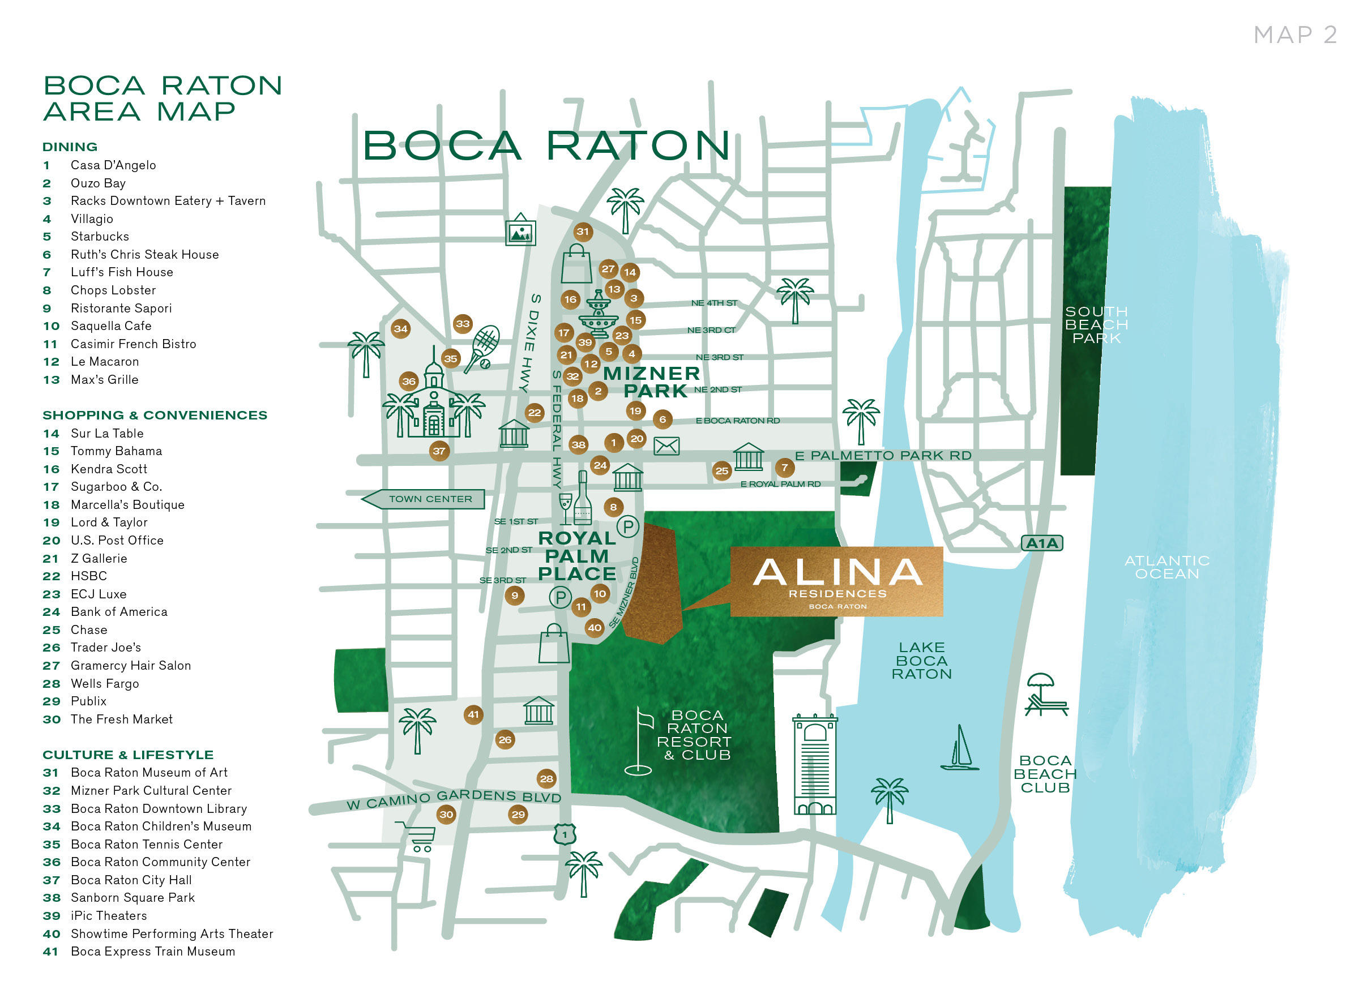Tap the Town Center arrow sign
pyautogui.click(x=425, y=499)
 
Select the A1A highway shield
pyautogui.click(x=1041, y=543)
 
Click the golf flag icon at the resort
pyautogui.click(x=640, y=742)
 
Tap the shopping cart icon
pyautogui.click(x=417, y=836)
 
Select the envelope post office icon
pyautogui.click(x=666, y=447)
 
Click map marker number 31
pyautogui.click(x=583, y=232)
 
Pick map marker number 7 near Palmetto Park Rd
pyautogui.click(x=784, y=468)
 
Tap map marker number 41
pyautogui.click(x=473, y=714)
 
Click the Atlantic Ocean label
pyautogui.click(x=1166, y=567)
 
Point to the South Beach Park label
pyautogui.click(x=1096, y=324)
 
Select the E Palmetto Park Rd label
pyautogui.click(x=883, y=456)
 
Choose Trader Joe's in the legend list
pyautogui.click(x=106, y=648)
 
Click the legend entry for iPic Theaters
pyautogui.click(x=109, y=916)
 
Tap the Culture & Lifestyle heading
pyautogui.click(x=127, y=755)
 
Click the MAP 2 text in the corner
pyautogui.click(x=1294, y=35)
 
